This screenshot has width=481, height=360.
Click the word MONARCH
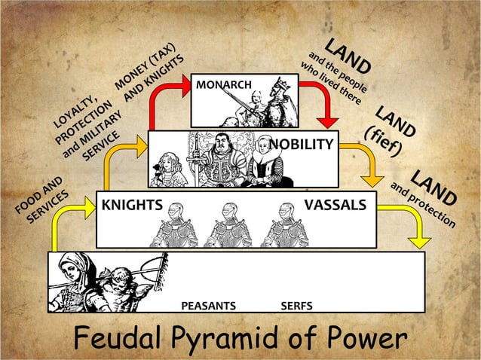(224, 84)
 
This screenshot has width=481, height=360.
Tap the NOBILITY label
(301, 144)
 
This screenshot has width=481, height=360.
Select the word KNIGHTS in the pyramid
(132, 205)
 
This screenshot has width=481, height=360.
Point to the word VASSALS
(335, 205)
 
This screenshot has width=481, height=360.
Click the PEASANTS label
(209, 306)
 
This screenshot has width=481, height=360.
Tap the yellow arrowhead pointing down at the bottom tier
(419, 240)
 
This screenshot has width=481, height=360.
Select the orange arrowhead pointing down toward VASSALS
(373, 178)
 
